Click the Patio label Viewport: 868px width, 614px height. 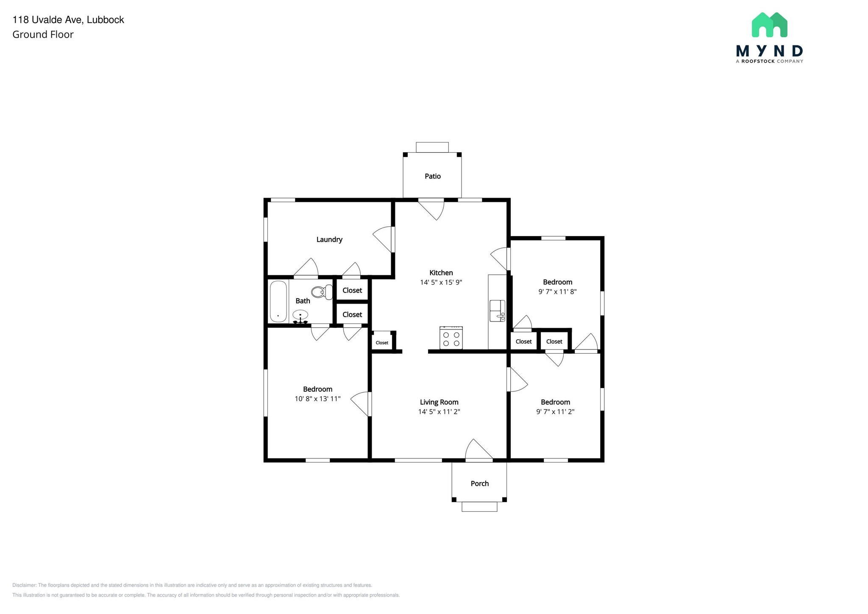coord(432,176)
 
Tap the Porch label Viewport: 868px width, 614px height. coord(479,483)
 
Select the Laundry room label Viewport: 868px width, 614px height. coord(329,239)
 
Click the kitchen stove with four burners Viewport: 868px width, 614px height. coord(451,338)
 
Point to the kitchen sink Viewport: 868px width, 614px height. coord(497,310)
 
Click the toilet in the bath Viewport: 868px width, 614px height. coord(322,292)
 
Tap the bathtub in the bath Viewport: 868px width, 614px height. coord(278,301)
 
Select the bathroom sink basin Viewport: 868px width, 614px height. coord(300,315)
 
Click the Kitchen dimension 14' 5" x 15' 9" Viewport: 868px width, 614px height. coord(441,282)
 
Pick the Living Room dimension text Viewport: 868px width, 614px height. coord(439,412)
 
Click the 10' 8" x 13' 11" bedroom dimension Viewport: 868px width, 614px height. coord(317,399)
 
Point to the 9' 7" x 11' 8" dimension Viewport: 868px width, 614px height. coord(557,292)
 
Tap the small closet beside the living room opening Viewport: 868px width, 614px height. coord(382,342)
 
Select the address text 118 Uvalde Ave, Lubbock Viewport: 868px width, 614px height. coord(68,20)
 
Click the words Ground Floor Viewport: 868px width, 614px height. coord(43,35)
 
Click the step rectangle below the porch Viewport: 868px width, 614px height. coord(479,507)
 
